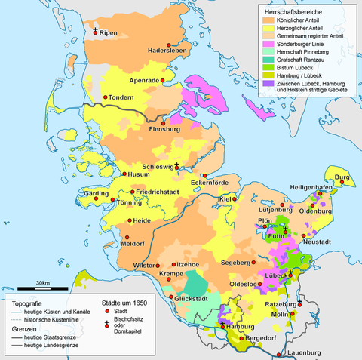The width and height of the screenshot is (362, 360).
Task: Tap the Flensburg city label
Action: click(x=165, y=129)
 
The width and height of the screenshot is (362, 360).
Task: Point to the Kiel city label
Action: click(x=223, y=199)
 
